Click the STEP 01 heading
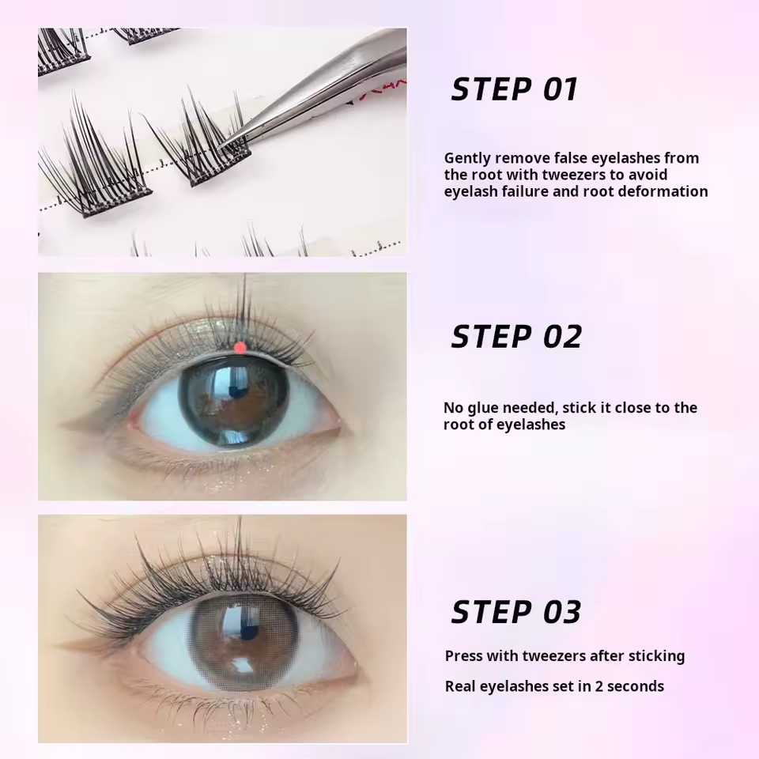(515, 89)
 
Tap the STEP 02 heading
(516, 337)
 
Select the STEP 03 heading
(516, 612)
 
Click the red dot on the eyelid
(240, 347)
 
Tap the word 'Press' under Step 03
(463, 656)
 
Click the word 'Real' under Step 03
(461, 686)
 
